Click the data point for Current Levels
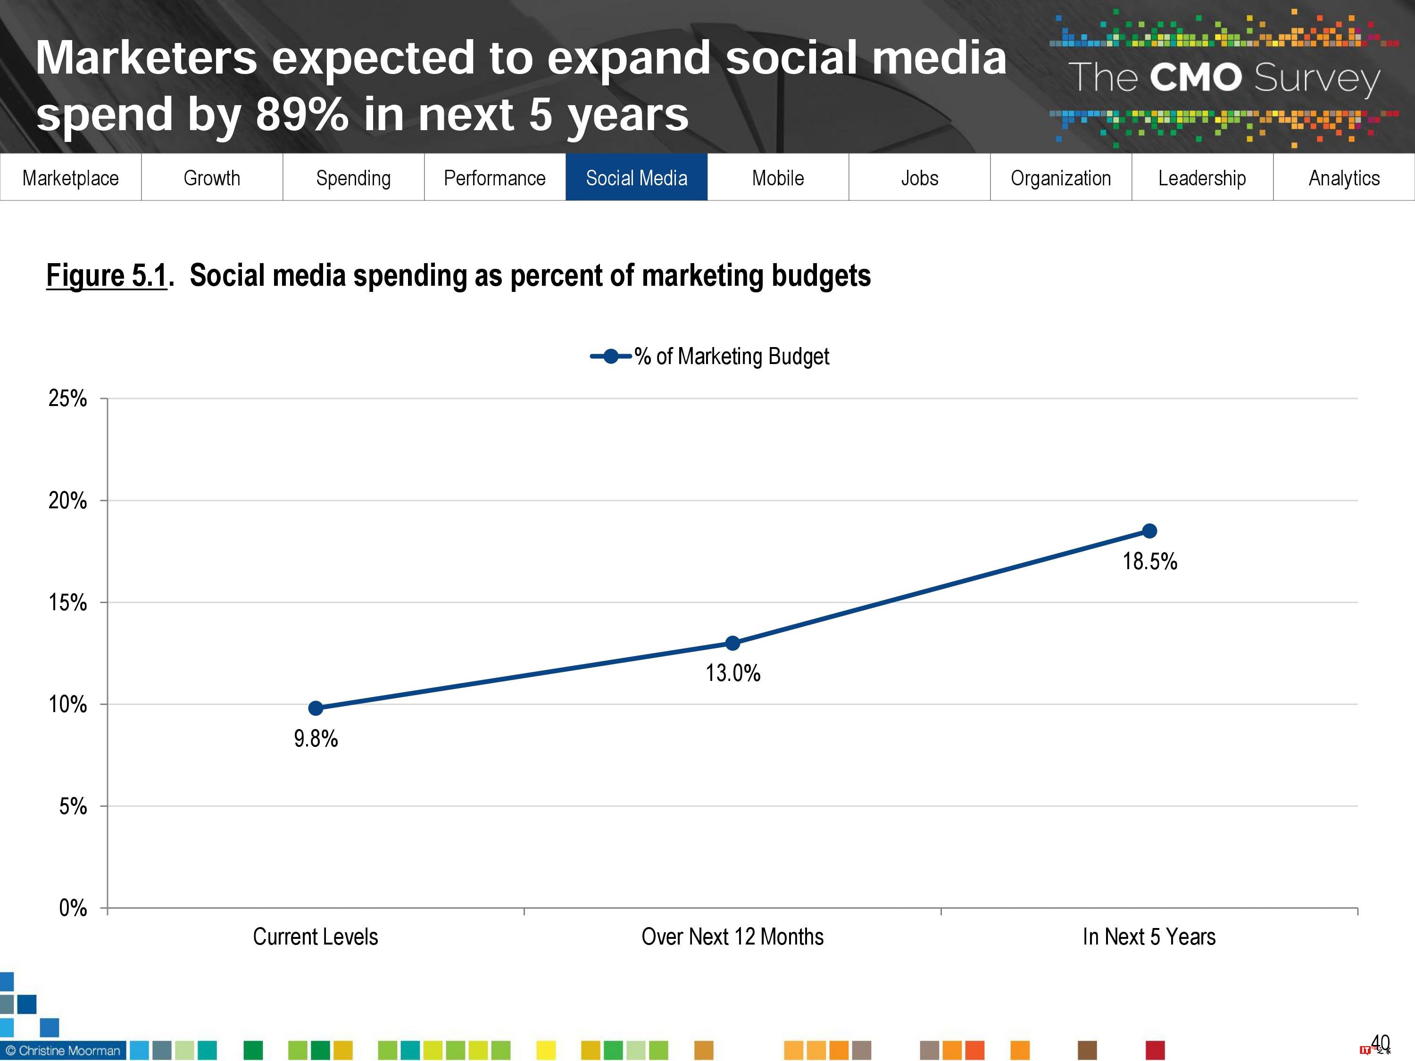pyautogui.click(x=316, y=708)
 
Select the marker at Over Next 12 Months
pyautogui.click(x=732, y=643)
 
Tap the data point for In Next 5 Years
pyautogui.click(x=1149, y=531)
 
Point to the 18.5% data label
pyautogui.click(x=1149, y=562)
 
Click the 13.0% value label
pyautogui.click(x=732, y=673)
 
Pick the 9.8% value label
pyautogui.click(x=316, y=738)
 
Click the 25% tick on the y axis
pyautogui.click(x=68, y=398)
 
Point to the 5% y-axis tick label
pyautogui.click(x=73, y=806)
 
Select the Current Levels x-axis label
pyautogui.click(x=316, y=937)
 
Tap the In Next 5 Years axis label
pyautogui.click(x=1149, y=937)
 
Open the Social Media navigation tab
pyautogui.click(x=636, y=178)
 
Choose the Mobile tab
pyautogui.click(x=778, y=178)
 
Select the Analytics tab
pyautogui.click(x=1344, y=178)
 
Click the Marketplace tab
pyautogui.click(x=70, y=178)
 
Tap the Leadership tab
pyautogui.click(x=1202, y=178)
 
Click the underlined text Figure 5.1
pyautogui.click(x=106, y=276)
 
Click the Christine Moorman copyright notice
pyautogui.click(x=63, y=1050)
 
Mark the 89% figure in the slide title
pyautogui.click(x=302, y=115)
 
